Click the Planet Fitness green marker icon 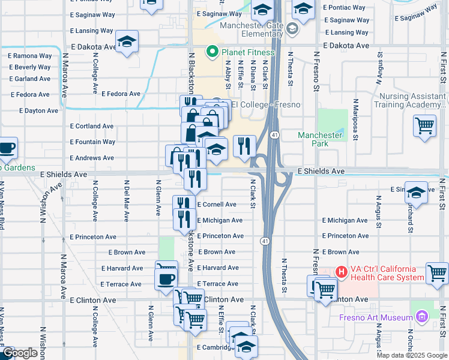click(211, 52)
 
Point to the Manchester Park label click(321, 139)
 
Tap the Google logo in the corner click(19, 353)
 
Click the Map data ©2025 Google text click(412, 355)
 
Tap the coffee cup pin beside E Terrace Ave click(166, 278)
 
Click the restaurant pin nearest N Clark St click(244, 145)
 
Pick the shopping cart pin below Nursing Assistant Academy click(425, 125)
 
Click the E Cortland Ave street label click(92, 127)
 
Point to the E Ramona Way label click(30, 56)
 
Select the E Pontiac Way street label click(344, 8)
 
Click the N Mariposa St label click(355, 119)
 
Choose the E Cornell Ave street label click(217, 205)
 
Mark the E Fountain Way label click(92, 142)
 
